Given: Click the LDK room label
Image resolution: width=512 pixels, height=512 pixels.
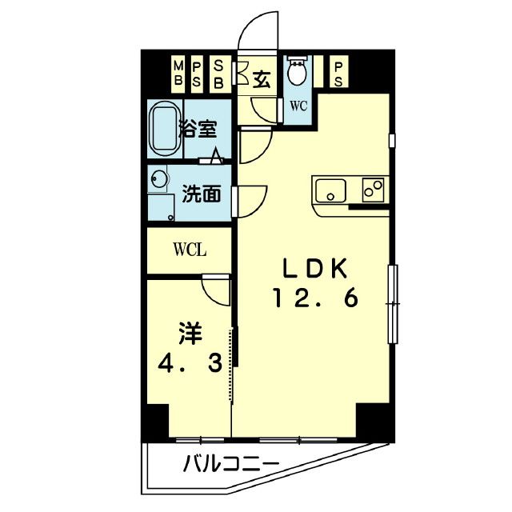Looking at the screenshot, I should coord(314,268).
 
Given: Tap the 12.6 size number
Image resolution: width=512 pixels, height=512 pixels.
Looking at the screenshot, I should coord(314,298).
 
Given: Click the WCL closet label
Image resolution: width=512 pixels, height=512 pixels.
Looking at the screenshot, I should coord(190,250).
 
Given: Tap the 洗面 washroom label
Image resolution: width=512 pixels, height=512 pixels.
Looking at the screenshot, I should coord(200,194).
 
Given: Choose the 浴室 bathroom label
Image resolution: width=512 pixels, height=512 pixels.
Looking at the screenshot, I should coord(198,129).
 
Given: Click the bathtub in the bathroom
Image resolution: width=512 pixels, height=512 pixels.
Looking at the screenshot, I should coord(166,130).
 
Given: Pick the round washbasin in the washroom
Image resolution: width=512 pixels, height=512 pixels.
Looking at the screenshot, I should coord(159,179).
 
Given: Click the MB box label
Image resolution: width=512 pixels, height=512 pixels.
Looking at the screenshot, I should coord(178,73).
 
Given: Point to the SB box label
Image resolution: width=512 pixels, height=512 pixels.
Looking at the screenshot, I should coord(218,73).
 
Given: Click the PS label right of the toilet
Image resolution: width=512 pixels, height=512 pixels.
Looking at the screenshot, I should coord(338,73).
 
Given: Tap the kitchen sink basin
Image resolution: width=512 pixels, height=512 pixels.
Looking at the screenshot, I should coord(330,192).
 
